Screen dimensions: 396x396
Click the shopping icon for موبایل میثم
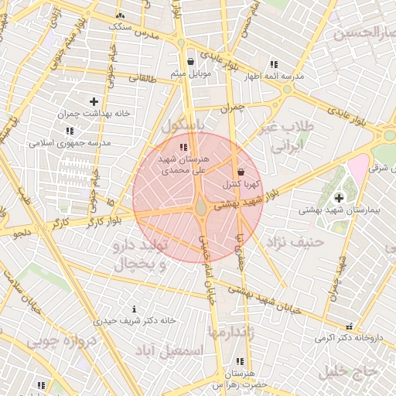click(191, 61)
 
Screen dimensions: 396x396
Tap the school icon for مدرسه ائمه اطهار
click(273, 65)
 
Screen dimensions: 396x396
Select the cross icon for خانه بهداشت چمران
click(94, 101)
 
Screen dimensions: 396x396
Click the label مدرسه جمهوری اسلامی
click(70, 143)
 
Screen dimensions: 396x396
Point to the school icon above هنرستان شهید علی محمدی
click(183, 147)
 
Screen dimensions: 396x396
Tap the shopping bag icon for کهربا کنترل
click(241, 172)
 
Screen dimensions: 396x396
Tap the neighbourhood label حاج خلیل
click(348, 370)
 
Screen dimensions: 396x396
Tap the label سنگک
click(121, 26)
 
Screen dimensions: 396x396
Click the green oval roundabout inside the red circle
click(201, 207)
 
